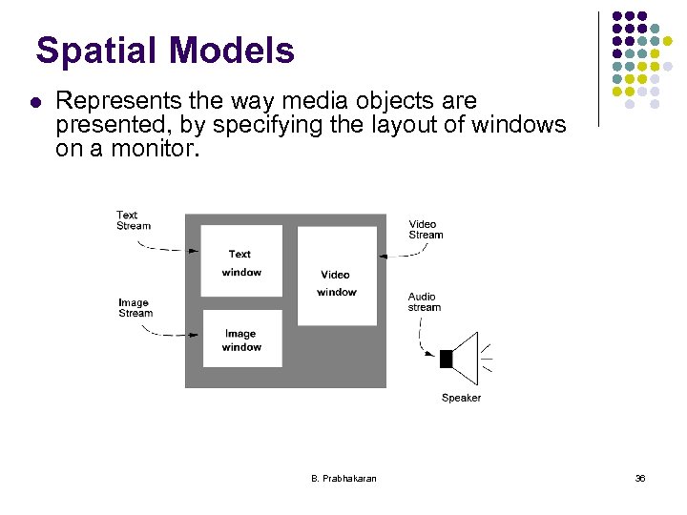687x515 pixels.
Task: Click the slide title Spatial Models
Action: coord(165,51)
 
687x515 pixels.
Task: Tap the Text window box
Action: coord(241,260)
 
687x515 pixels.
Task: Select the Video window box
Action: coord(337,276)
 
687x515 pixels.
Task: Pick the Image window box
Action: coord(241,339)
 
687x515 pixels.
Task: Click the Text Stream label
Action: coord(134,220)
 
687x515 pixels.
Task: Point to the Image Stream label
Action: coord(135,308)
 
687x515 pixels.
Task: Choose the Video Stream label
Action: coord(426,230)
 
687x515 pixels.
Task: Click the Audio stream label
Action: coord(425,302)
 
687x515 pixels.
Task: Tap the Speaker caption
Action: coord(461,398)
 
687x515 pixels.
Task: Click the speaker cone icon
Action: coord(466,358)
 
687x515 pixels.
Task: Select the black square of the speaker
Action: coord(446,359)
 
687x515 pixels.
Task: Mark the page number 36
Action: coord(640,478)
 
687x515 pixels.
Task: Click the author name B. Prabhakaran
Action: coord(343,478)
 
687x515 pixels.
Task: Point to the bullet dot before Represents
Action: coord(34,101)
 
